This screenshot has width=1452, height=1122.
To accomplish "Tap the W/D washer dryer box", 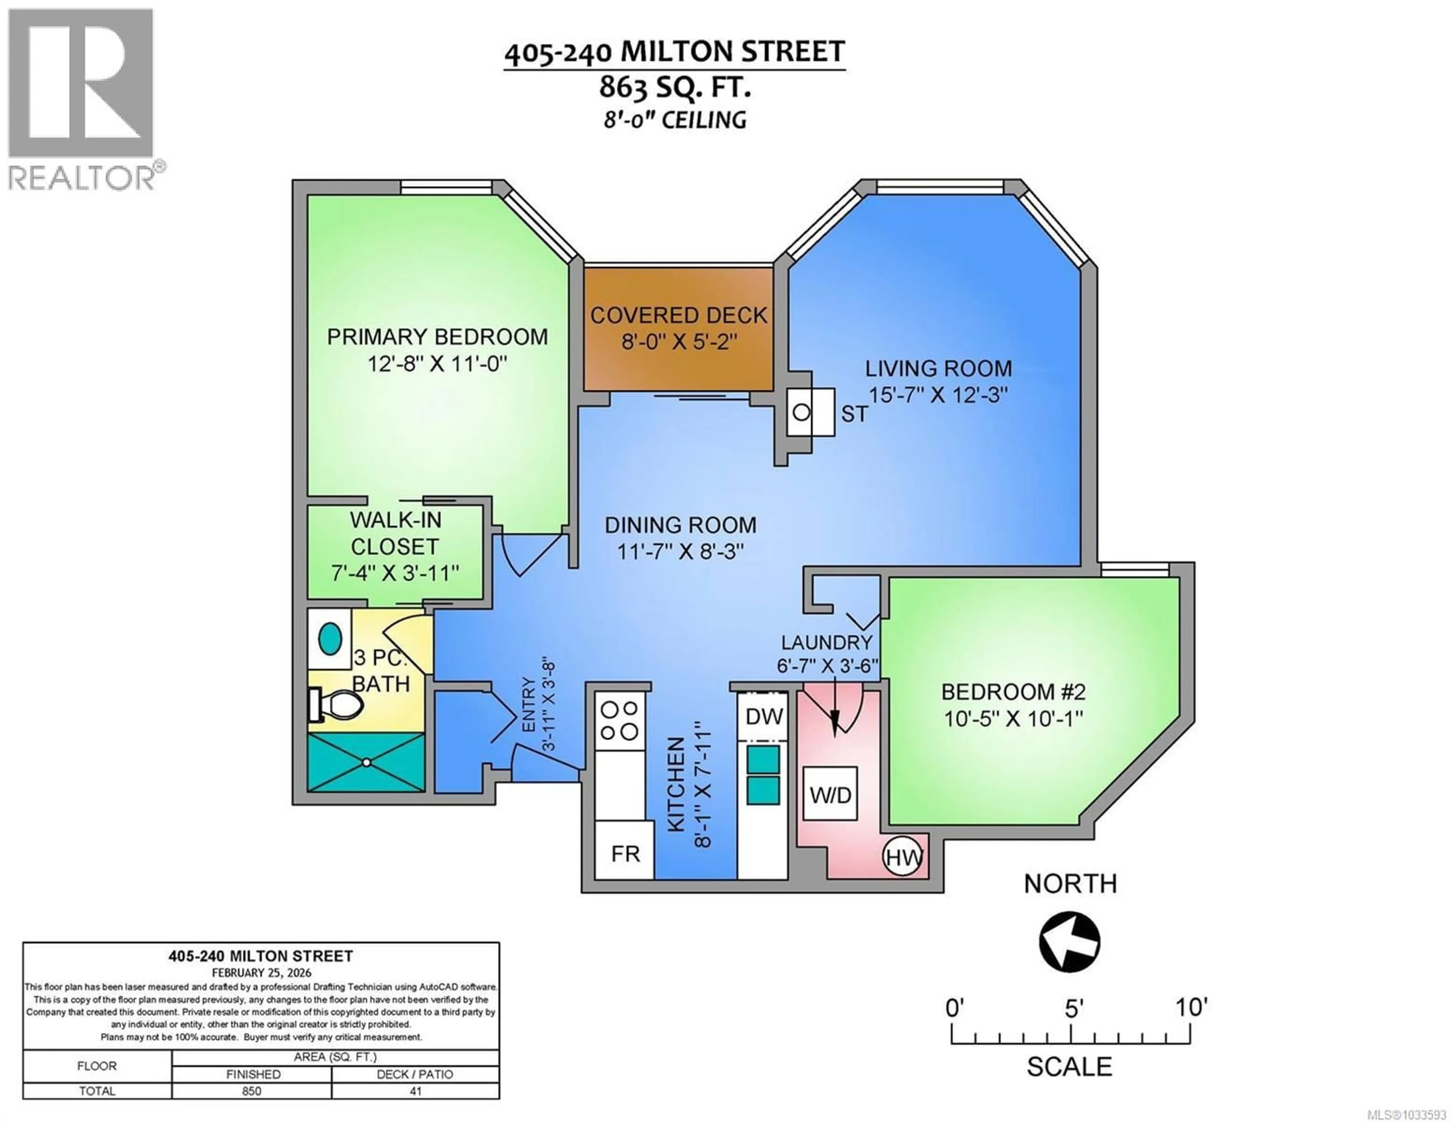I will coord(830,794).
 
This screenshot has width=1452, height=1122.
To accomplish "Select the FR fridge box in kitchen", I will coord(625,853).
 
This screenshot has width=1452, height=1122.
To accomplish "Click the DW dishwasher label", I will coord(764,716).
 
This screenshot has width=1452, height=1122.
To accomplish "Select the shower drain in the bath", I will coord(366,762).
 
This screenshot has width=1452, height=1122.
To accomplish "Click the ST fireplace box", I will coord(810,412).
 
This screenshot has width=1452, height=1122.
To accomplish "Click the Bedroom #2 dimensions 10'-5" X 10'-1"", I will coord(1014,719).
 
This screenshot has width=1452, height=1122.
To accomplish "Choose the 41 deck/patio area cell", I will coord(416,1091).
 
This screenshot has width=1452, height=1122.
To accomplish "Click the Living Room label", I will coord(938,368).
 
